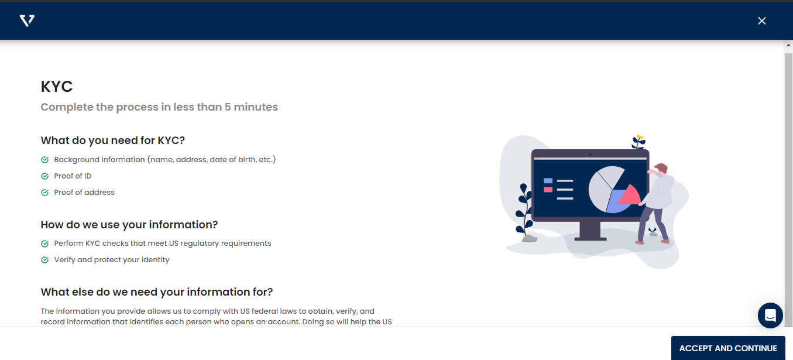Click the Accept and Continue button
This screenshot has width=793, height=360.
click(x=728, y=348)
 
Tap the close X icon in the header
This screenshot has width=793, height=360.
click(x=762, y=21)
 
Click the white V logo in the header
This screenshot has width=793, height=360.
click(x=28, y=20)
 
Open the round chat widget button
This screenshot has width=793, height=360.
click(x=770, y=316)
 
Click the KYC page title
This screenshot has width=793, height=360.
click(x=57, y=87)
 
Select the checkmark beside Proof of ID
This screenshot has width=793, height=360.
click(x=44, y=176)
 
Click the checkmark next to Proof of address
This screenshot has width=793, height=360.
click(x=44, y=193)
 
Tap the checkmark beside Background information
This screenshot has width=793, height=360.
click(x=44, y=160)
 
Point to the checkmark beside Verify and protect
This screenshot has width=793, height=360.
click(x=44, y=260)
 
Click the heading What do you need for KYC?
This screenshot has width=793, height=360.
click(x=112, y=140)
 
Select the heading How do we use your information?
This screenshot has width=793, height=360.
click(x=129, y=225)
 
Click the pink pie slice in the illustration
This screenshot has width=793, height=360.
click(x=630, y=196)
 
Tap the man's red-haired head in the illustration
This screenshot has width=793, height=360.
click(x=661, y=169)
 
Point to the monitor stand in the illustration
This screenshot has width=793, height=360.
click(x=590, y=231)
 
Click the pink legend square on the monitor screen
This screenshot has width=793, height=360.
click(x=548, y=190)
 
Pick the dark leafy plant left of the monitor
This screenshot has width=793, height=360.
click(x=524, y=210)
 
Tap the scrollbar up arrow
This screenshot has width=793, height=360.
click(x=788, y=45)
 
